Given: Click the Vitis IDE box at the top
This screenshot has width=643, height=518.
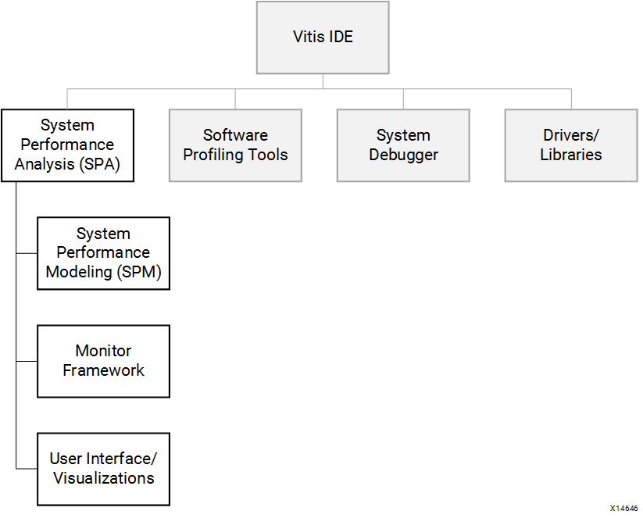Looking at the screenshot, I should pyautogui.click(x=323, y=38).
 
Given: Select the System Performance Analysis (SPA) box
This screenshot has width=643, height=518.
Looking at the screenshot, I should pyautogui.click(x=67, y=145).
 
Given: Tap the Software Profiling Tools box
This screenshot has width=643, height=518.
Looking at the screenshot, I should pyautogui.click(x=235, y=145).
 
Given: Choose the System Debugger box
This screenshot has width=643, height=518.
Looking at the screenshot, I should pyautogui.click(x=403, y=145).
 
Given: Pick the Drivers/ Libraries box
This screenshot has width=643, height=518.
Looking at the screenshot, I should pyautogui.click(x=571, y=145).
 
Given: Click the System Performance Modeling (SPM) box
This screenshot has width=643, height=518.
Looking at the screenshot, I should pyautogui.click(x=103, y=253).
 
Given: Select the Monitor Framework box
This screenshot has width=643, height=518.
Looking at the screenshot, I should pyautogui.click(x=103, y=361).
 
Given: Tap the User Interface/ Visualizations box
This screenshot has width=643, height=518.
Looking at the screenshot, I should pyautogui.click(x=103, y=469).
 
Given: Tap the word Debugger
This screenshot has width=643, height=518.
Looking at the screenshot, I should pyautogui.click(x=403, y=155).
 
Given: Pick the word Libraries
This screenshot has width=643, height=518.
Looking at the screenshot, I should pyautogui.click(x=571, y=155).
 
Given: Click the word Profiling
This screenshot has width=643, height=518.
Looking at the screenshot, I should pyautogui.click(x=213, y=155).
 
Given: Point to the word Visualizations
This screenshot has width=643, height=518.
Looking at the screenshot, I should pyautogui.click(x=103, y=478).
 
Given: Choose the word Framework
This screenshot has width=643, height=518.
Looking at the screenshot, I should pyautogui.click(x=103, y=370).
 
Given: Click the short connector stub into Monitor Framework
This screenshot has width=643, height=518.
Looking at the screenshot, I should pyautogui.click(x=27, y=361).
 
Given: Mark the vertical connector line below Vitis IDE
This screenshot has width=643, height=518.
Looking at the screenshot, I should pyautogui.click(x=323, y=81).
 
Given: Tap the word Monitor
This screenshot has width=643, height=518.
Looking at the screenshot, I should pyautogui.click(x=103, y=351).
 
